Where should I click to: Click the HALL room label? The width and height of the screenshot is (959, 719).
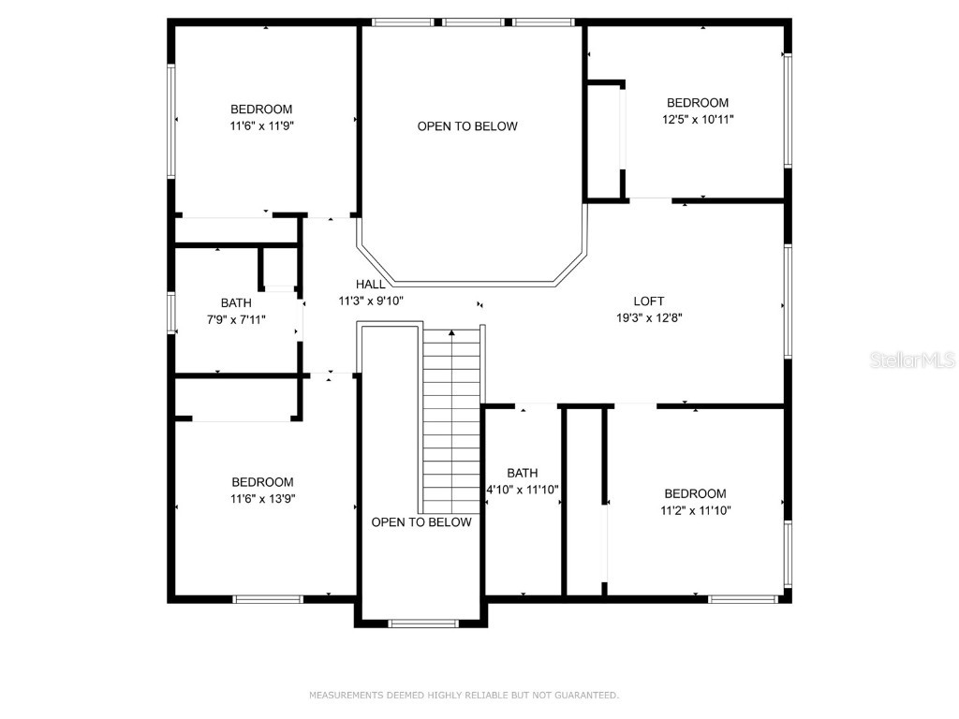tap(370, 285)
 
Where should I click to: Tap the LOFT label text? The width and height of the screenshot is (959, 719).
tap(648, 301)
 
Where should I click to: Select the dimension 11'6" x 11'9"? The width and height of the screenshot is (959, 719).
tap(261, 125)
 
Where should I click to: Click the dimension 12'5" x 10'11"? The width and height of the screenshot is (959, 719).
tap(697, 119)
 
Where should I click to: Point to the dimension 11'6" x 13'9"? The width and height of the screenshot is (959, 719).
tap(262, 499)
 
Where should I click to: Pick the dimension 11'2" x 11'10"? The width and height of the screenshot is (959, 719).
tap(695, 510)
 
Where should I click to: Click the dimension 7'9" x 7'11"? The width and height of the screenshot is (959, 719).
tap(236, 319)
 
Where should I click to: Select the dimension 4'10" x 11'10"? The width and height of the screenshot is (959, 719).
tap(523, 490)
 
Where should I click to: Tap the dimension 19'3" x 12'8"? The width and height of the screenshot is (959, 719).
tap(648, 317)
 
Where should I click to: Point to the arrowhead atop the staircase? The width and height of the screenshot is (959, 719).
tap(451, 332)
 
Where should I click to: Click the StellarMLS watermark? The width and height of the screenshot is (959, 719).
tap(911, 359)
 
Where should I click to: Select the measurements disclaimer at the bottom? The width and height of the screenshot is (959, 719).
tap(464, 696)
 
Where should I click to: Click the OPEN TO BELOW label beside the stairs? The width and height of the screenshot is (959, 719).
tap(421, 522)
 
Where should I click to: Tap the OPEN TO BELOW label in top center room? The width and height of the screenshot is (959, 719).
tap(467, 126)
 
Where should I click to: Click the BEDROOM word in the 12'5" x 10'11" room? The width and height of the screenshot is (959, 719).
tap(697, 103)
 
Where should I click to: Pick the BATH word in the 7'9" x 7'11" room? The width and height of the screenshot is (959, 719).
tap(236, 303)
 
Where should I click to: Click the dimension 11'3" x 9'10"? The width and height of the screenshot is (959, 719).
tap(370, 301)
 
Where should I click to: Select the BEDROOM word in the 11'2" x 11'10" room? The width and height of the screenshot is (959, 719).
tap(695, 494)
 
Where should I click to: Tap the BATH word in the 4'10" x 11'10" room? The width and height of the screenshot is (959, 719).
tap(523, 474)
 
